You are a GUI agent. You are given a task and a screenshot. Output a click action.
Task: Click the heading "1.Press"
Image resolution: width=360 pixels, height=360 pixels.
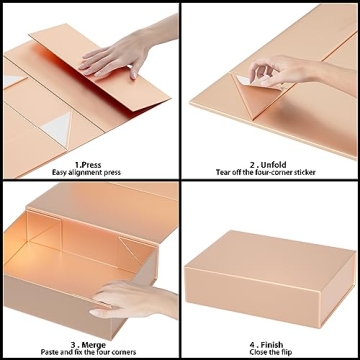point(88,165)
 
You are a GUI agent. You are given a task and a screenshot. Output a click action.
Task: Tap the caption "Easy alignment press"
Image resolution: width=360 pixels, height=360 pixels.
point(86,173)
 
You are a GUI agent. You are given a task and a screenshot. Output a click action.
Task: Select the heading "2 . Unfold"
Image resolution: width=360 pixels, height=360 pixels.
point(268,165)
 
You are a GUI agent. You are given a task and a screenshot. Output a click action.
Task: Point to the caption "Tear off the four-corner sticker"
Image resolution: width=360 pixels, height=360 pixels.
point(266,172)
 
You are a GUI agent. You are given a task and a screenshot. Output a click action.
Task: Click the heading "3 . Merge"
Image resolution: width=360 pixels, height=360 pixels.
point(88,345)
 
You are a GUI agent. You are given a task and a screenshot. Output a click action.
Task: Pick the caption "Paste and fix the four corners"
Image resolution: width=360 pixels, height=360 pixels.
point(88,352)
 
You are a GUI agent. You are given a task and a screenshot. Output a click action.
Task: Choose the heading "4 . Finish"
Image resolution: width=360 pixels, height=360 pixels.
point(267,345)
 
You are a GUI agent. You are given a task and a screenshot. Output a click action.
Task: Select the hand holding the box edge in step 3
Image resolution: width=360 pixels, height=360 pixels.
point(133,298)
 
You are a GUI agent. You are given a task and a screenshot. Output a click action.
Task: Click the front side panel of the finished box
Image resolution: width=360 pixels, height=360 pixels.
point(252,292)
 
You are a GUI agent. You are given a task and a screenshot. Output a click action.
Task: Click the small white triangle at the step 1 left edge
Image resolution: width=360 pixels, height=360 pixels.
point(13,81)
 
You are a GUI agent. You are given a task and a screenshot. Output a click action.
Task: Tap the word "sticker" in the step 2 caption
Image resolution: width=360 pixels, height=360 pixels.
point(304,172)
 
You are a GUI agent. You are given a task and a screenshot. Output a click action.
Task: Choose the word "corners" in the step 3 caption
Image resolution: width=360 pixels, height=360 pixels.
point(125,352)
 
